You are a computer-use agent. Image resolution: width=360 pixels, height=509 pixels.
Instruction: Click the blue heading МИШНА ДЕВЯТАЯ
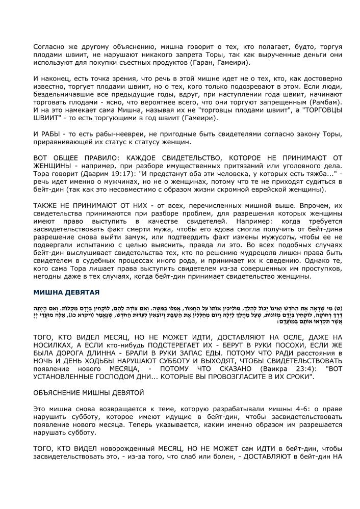click(66, 292)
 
